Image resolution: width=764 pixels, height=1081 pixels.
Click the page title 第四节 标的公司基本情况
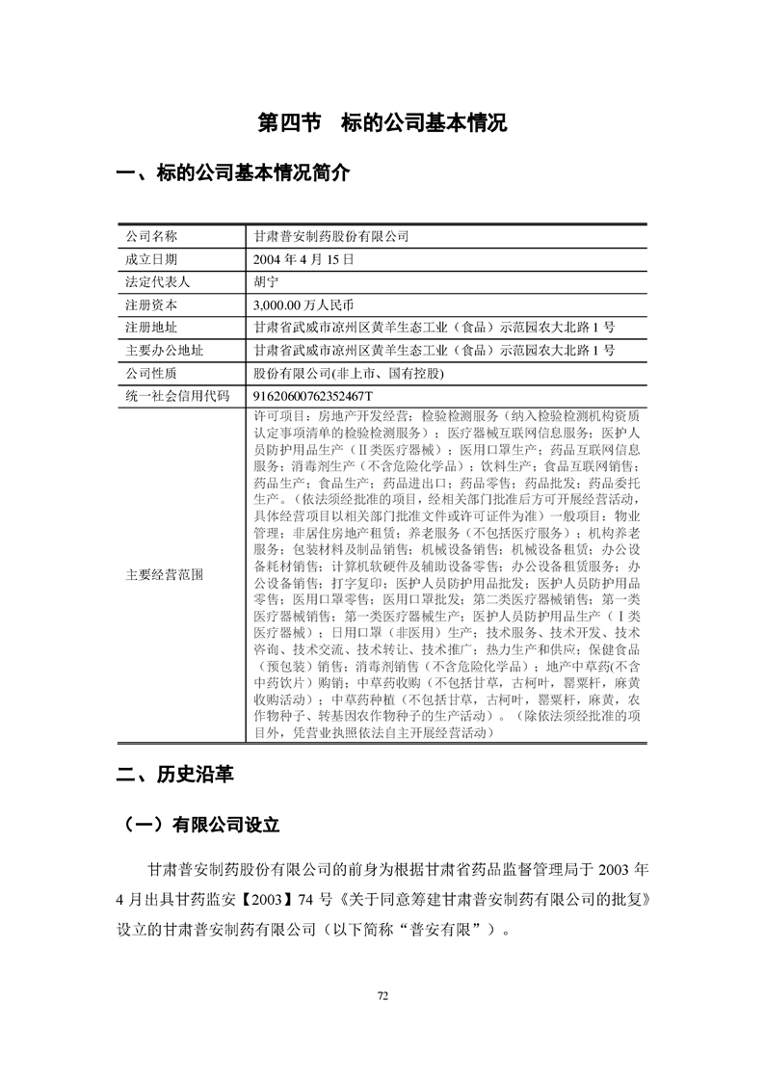(382, 124)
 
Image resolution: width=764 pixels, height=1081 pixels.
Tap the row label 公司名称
(152, 236)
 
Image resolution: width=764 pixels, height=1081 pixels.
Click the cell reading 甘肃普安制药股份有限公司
(330, 236)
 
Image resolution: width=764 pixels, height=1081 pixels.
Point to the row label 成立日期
(152, 259)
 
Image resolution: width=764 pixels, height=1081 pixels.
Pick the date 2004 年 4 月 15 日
(303, 259)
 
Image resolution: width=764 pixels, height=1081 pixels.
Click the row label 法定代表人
(158, 282)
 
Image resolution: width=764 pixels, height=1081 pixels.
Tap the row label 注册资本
(152, 304)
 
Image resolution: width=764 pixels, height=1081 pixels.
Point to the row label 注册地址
(152, 328)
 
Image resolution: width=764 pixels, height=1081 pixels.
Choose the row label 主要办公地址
(164, 350)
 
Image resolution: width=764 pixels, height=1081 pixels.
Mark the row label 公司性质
(152, 373)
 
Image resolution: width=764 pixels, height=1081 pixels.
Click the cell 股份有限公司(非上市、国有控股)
(348, 373)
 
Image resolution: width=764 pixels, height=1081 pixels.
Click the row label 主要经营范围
(164, 574)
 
